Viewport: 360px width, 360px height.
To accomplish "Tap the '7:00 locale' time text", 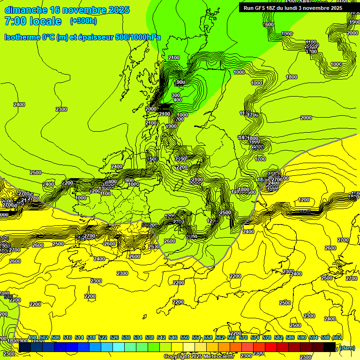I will coord(32,21).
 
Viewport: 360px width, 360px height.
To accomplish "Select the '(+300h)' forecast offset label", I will coord(83,21).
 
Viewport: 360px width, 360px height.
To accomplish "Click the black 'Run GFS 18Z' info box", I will coord(292,7).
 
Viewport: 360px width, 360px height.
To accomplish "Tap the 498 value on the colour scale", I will coord(32,337).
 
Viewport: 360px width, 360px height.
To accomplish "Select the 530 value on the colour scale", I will coord(126,337).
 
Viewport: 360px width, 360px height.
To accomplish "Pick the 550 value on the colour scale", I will coord(185,337).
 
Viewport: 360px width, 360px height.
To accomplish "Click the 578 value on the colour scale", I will coord(267,337).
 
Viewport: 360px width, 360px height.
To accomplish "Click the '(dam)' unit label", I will coord(347,348).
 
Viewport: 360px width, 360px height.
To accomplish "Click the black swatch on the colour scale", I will coord(330,347).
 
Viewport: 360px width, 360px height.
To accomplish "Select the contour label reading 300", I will coord(176,95).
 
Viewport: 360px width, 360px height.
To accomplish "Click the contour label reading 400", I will coord(177,100).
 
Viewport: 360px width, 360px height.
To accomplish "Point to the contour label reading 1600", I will coord(268,24).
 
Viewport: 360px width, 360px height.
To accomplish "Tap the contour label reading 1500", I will coord(151,159).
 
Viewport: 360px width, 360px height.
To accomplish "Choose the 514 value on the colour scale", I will coord(79,337).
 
